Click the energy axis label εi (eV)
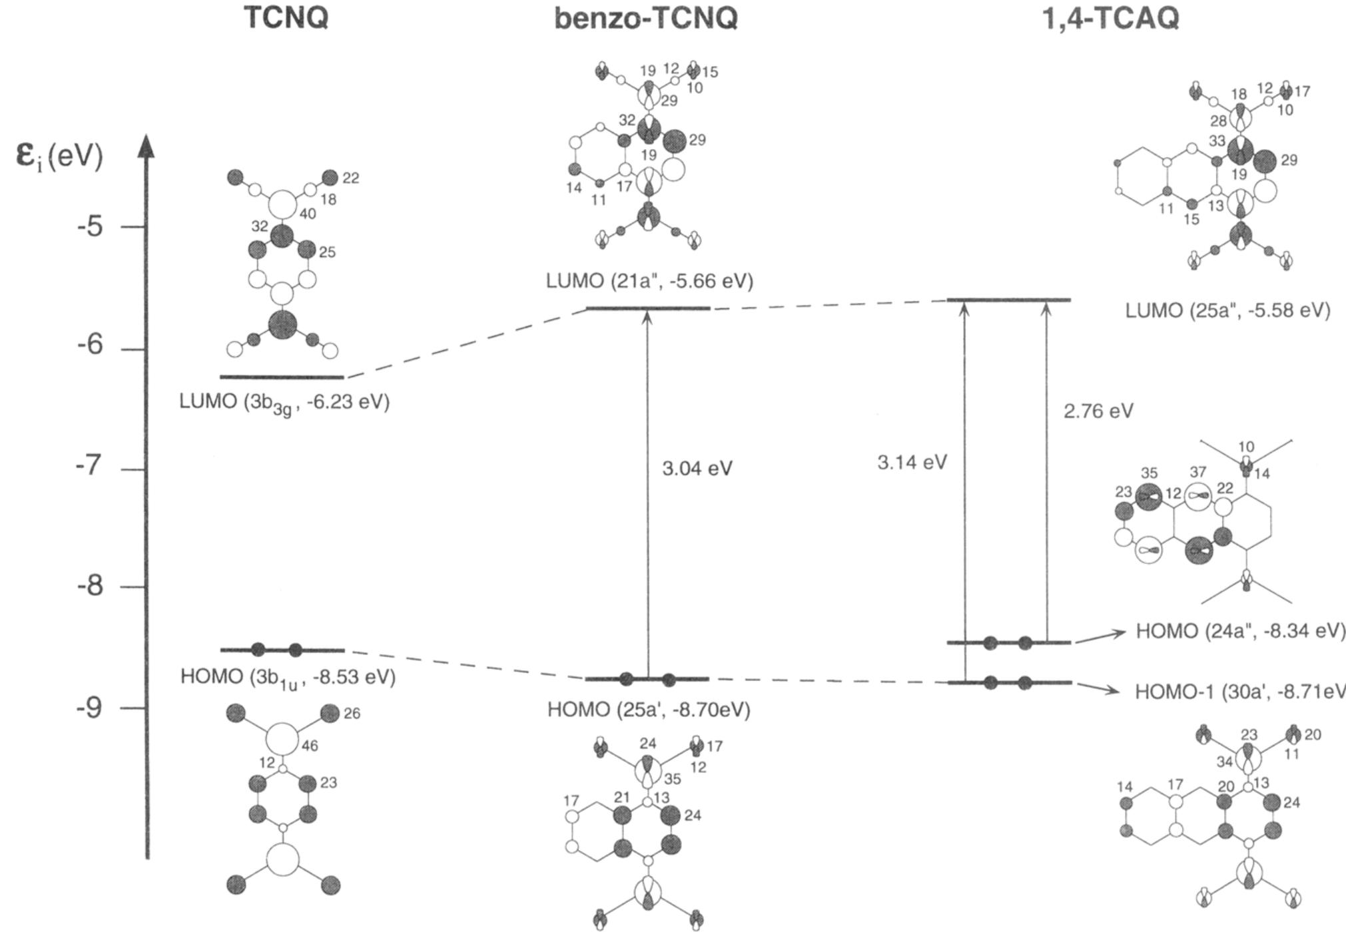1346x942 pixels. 60,157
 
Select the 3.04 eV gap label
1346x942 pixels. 697,469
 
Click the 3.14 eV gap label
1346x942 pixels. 912,462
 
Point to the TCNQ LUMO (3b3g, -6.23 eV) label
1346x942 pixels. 284,403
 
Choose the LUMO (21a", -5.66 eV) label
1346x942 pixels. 649,281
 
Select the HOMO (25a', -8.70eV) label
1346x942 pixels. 649,710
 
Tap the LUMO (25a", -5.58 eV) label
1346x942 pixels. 1227,311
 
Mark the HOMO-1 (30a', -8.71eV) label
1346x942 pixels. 1239,692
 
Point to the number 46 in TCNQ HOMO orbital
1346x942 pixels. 310,746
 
